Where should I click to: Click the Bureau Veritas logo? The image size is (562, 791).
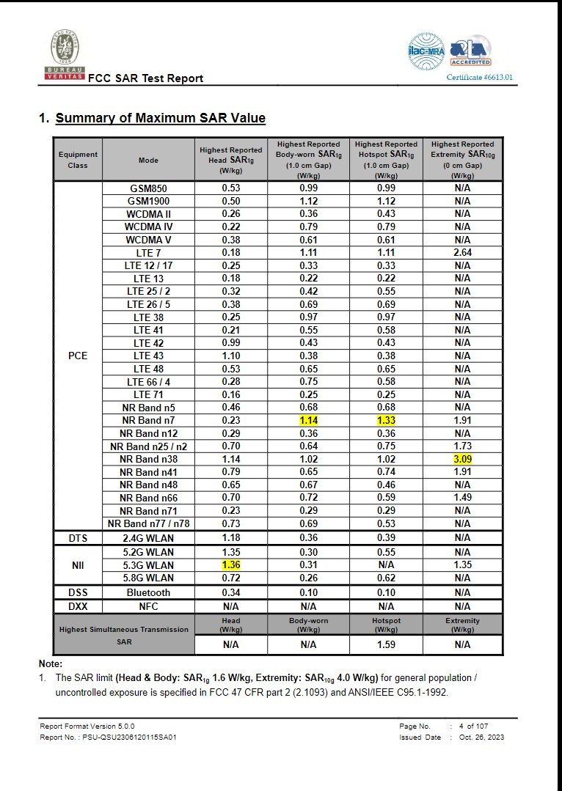pos(65,55)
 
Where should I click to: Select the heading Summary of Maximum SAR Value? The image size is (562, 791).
pos(160,118)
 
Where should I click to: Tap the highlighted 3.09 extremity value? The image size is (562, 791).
pos(462,459)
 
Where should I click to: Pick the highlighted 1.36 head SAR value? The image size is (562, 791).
pos(231,565)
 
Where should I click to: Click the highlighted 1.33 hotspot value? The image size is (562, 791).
pos(385,421)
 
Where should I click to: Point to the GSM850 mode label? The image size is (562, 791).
pos(148,188)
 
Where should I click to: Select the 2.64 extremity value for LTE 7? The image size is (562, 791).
pos(462,252)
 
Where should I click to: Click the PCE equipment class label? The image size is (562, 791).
pos(78,356)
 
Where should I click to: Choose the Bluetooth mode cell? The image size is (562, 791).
pos(148,592)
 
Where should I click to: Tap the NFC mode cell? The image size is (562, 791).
pos(148,606)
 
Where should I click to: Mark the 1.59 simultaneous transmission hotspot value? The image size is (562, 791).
pos(385,644)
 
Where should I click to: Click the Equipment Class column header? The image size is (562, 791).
pos(78,160)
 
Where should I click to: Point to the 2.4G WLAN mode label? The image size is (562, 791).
pos(148,538)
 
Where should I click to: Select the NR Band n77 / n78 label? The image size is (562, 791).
pos(148,523)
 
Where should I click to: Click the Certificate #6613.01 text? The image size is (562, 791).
pos(480,77)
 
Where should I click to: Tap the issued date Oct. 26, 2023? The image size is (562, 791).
pos(481,737)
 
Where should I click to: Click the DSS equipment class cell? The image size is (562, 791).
pos(78,592)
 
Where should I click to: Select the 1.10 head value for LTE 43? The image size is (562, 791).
pos(231,356)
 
